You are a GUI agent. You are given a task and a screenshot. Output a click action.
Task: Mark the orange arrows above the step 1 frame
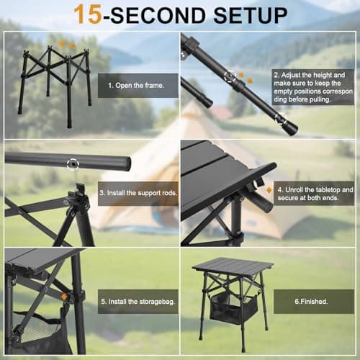[x=67, y=45]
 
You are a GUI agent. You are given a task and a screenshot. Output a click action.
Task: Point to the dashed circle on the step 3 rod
[x=72, y=163]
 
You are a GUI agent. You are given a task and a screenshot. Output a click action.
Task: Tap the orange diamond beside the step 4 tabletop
[x=269, y=190]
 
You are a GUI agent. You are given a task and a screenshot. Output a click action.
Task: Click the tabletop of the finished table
[x=232, y=266]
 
